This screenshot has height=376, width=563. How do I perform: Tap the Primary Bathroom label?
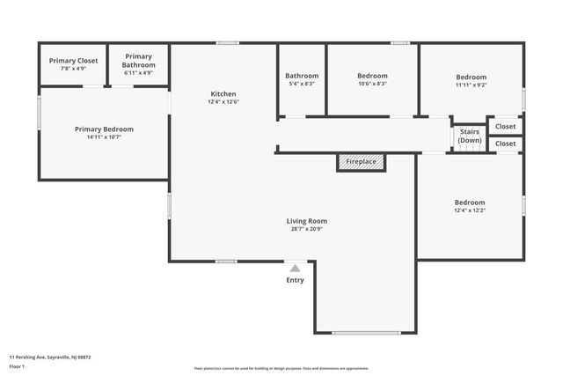[139, 61]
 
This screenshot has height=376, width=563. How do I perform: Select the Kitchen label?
[223, 94]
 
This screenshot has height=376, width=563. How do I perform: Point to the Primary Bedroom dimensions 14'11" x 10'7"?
[104, 137]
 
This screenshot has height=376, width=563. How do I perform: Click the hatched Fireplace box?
[361, 162]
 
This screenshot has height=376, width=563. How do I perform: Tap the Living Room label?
[312, 221]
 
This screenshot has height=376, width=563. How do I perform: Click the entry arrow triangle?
[296, 268]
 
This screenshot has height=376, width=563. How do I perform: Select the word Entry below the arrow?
[296, 280]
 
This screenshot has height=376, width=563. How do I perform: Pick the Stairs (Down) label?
[470, 136]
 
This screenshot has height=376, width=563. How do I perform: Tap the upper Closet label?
[506, 127]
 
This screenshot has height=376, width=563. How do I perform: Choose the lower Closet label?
[506, 144]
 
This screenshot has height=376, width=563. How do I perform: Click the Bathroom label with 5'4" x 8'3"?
[302, 76]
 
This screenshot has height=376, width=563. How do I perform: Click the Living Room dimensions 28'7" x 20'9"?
[312, 229]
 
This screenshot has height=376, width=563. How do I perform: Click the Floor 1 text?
[17, 365]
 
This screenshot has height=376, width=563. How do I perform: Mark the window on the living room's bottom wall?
[361, 332]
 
